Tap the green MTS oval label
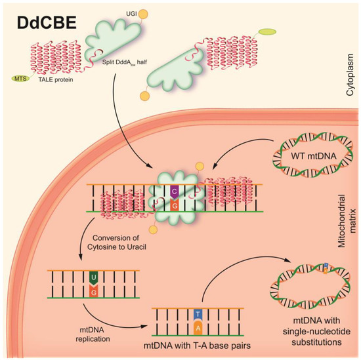[x=21, y=79]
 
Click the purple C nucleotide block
[x=174, y=191]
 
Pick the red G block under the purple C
[x=174, y=205]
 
